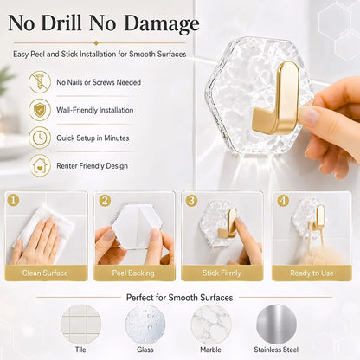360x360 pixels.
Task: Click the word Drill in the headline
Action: click(61, 22)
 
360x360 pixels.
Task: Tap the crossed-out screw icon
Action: click(40, 82)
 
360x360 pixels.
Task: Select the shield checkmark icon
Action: click(40, 110)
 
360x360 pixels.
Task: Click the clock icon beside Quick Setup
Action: click(40, 138)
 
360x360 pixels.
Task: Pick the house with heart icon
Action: click(40, 165)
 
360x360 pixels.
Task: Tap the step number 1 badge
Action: click(14, 200)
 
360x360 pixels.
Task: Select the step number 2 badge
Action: click(105, 200)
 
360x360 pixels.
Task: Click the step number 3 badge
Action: click(191, 200)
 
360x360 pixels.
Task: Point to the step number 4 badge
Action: click(283, 200)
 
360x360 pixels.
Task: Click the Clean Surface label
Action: click(45, 273)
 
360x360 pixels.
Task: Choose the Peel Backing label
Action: click(133, 273)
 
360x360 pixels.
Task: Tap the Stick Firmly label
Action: click(222, 273)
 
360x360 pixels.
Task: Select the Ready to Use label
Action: click(312, 273)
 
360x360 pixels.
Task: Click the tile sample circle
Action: click(80, 325)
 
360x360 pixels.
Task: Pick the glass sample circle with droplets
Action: click(145, 325)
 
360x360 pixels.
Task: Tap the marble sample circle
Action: click(211, 325)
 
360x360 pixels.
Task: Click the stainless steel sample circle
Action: click(276, 325)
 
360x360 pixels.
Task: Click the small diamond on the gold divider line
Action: click(96, 43)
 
